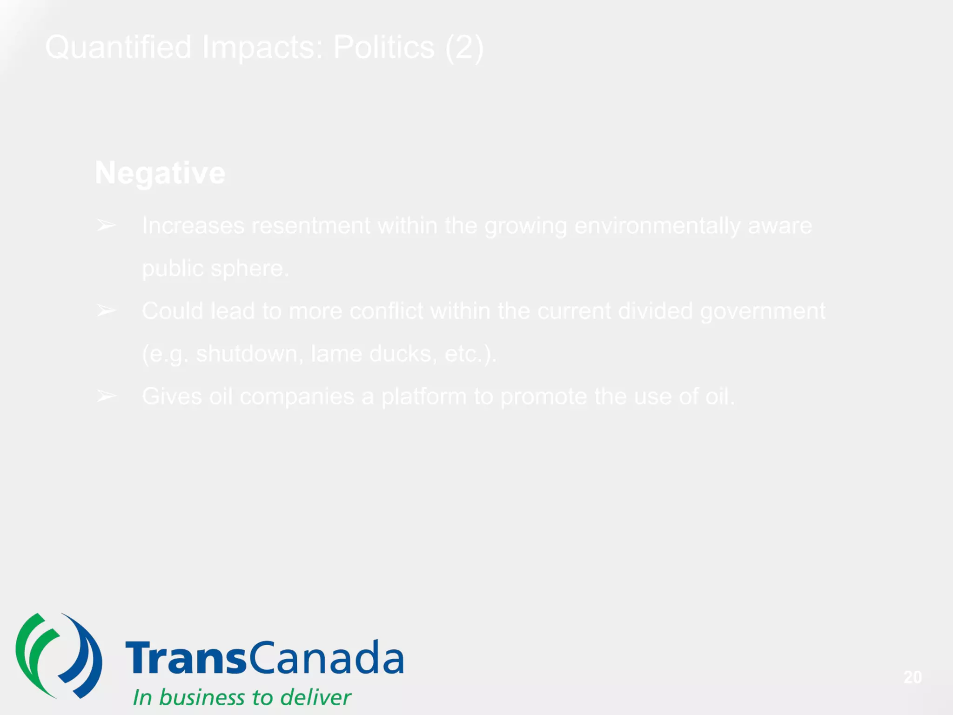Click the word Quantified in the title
(x=118, y=47)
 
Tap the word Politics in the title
(x=383, y=47)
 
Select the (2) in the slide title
(x=464, y=47)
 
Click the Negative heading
(x=160, y=173)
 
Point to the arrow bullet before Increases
(x=106, y=226)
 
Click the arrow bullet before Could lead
(x=106, y=310)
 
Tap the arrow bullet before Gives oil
(x=106, y=396)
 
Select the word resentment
(x=310, y=226)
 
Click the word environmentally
(x=657, y=226)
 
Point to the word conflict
(x=386, y=311)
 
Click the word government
(x=763, y=311)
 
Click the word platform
(x=423, y=397)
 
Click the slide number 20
(x=912, y=677)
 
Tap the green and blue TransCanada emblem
(x=59, y=656)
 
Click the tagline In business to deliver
(x=242, y=697)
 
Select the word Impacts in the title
(x=262, y=47)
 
